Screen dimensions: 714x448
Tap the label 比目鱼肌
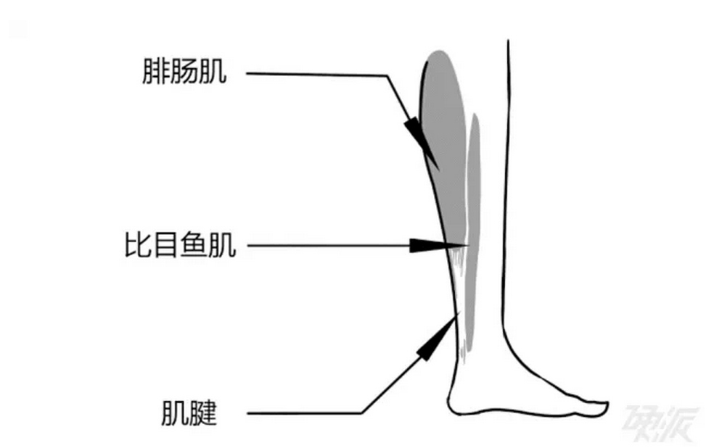pyautogui.click(x=179, y=246)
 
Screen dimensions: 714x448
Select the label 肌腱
pyautogui.click(x=189, y=413)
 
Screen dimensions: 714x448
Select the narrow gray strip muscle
pyautogui.click(x=474, y=217)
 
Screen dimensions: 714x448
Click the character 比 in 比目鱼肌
pyautogui.click(x=138, y=246)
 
